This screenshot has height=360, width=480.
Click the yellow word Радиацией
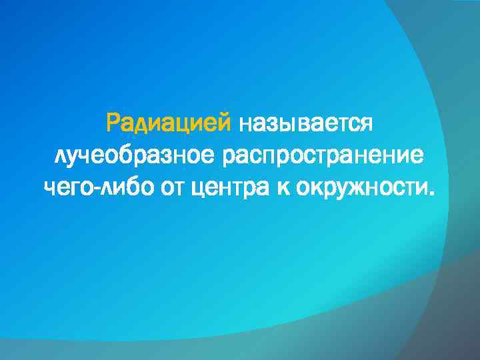(169, 123)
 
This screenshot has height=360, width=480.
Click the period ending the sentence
(435, 194)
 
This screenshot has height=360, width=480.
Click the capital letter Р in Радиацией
(113, 123)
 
